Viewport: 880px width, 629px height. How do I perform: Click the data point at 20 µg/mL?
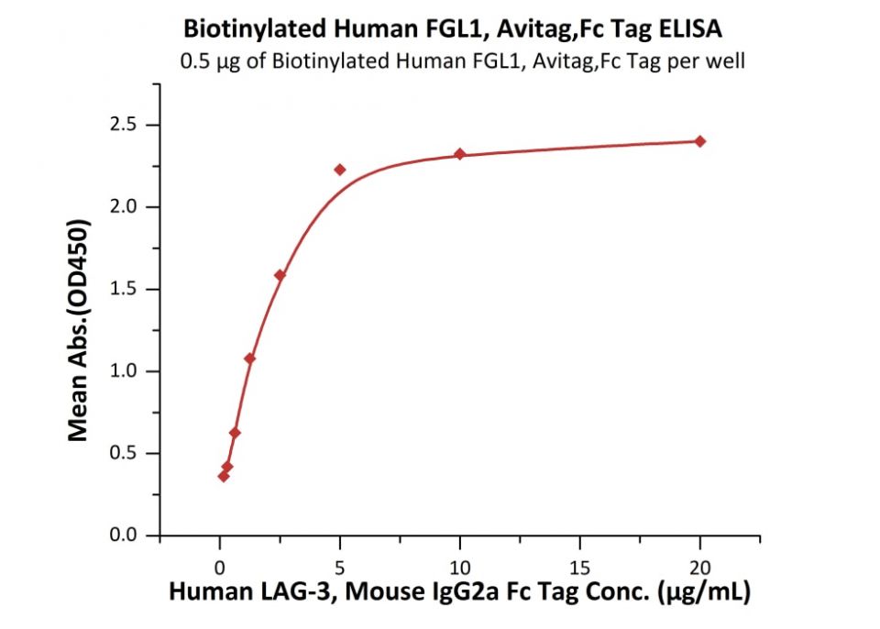coord(700,141)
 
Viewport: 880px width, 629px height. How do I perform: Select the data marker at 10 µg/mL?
coord(460,154)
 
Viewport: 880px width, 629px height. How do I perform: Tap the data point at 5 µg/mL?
coord(339,170)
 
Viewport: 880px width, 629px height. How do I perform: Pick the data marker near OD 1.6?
coord(280,275)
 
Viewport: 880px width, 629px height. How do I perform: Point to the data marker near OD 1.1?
coord(249,359)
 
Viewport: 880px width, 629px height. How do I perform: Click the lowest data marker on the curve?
coord(223,476)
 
